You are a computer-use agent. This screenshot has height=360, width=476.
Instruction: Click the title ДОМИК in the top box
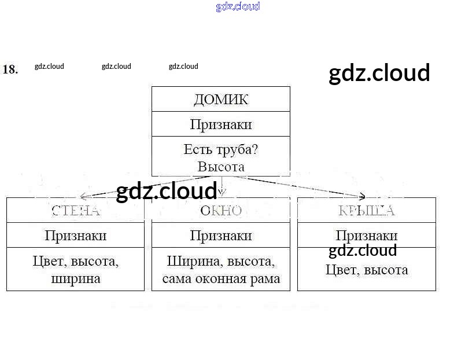[220, 100]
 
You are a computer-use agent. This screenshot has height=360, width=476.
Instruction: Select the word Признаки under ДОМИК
[220, 124]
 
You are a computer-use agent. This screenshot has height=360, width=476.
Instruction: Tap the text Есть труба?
[220, 149]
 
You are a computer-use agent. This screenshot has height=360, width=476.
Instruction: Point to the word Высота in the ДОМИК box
[220, 167]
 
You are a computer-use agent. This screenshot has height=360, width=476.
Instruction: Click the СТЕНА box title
[75, 210]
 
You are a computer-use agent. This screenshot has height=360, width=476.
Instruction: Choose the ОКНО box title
[220, 210]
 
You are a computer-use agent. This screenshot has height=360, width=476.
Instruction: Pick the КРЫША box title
[366, 210]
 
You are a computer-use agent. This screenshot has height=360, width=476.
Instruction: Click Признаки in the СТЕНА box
[75, 236]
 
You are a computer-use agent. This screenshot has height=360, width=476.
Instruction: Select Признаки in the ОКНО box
[220, 236]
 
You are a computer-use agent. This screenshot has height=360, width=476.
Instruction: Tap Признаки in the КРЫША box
[366, 236]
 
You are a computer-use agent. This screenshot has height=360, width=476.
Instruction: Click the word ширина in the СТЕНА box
[75, 278]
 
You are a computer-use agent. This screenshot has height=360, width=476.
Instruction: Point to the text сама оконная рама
[220, 278]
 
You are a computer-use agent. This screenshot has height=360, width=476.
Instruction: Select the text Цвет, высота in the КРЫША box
[366, 270]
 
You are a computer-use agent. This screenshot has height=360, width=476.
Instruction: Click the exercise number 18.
[10, 69]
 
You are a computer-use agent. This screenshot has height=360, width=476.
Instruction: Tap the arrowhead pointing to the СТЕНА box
[84, 197]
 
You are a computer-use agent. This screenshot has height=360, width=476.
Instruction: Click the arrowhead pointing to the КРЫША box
[361, 196]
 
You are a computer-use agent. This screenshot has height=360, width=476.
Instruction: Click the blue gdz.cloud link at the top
[238, 6]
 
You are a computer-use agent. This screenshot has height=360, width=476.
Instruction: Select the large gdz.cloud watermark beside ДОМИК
[379, 74]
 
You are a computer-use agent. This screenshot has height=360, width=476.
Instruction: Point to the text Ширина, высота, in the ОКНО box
[220, 261]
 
